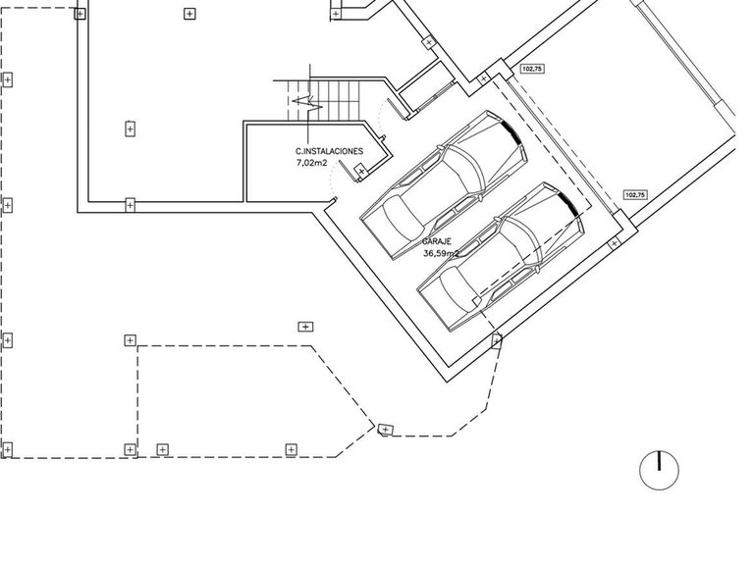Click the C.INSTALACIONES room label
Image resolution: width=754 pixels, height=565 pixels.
(x=330, y=151)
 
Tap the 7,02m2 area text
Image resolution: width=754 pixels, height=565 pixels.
(x=311, y=163)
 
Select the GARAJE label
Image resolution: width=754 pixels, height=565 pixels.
(x=437, y=241)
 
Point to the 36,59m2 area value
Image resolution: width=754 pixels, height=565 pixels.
(x=441, y=254)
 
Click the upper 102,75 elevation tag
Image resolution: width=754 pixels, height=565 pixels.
(x=533, y=70)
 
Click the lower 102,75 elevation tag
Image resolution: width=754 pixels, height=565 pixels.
(x=635, y=195)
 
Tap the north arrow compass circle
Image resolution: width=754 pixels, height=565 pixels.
(x=660, y=471)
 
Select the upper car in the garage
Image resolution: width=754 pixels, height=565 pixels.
(x=444, y=185)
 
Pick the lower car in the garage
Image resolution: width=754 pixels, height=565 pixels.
(x=500, y=257)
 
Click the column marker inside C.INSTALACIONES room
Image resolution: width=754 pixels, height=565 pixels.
(x=361, y=171)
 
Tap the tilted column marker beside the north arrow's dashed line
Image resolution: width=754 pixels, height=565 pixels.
(x=386, y=430)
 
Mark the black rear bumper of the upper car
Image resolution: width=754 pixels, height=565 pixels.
(x=512, y=131)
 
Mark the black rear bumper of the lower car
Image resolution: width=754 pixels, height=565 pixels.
(x=568, y=203)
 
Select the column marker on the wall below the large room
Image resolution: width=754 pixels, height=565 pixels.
(x=130, y=205)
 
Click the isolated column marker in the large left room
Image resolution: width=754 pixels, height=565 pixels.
(x=130, y=129)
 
